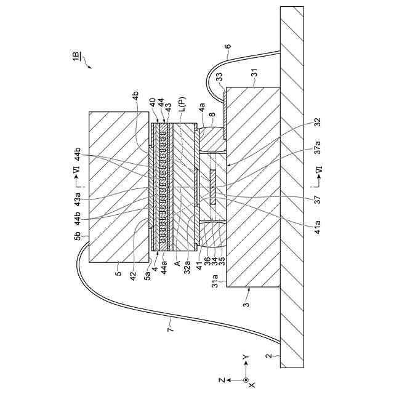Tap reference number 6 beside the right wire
coord(228,46)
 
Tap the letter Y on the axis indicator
coord(246,357)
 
